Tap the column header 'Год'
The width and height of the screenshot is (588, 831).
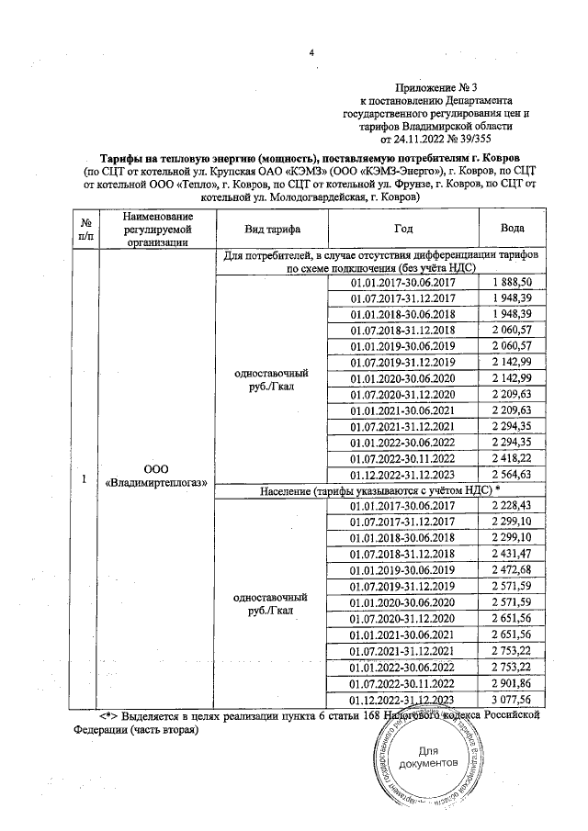403,229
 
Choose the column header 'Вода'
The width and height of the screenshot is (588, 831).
513,229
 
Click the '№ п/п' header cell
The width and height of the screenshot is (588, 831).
85,229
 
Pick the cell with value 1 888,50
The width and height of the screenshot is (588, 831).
513,283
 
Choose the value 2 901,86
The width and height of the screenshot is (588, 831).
513,683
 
